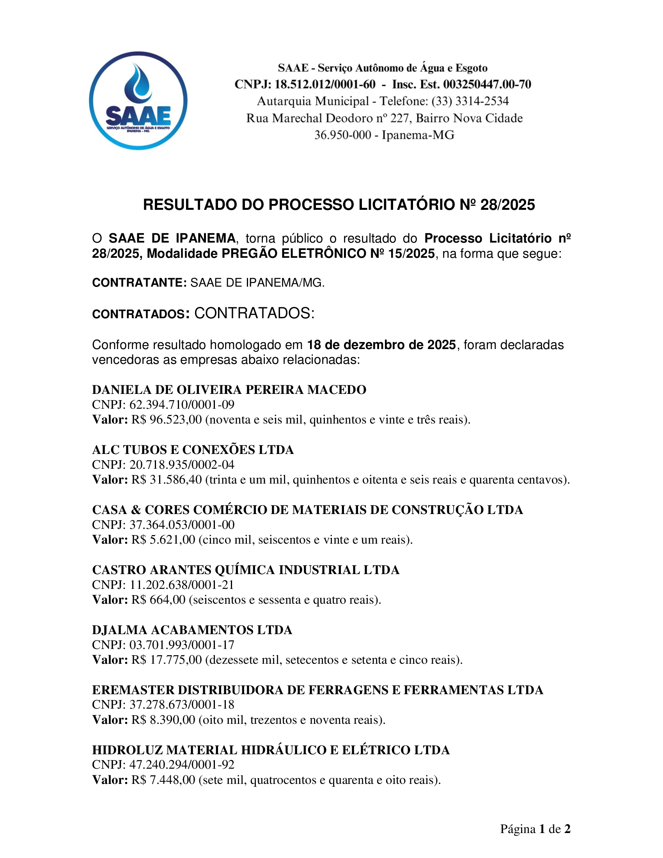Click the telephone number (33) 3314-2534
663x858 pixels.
(470, 101)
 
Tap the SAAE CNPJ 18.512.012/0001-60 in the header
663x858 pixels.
(324, 85)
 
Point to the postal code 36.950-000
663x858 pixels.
(342, 135)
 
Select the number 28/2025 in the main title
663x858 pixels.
(507, 205)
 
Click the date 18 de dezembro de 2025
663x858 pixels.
(381, 345)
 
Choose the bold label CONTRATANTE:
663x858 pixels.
(139, 283)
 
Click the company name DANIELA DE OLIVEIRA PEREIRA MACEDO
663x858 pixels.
(229, 390)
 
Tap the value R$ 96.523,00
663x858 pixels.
(167, 420)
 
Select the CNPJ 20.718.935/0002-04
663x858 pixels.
(182, 465)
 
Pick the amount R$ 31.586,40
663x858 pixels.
(167, 480)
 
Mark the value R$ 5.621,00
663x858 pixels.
(163, 540)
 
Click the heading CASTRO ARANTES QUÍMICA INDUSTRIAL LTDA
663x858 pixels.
(245, 570)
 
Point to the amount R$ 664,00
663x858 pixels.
(158, 600)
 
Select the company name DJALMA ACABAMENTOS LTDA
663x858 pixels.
(192, 630)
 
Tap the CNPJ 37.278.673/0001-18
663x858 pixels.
(182, 705)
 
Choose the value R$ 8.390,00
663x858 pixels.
(163, 720)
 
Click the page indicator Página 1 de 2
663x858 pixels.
(535, 829)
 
